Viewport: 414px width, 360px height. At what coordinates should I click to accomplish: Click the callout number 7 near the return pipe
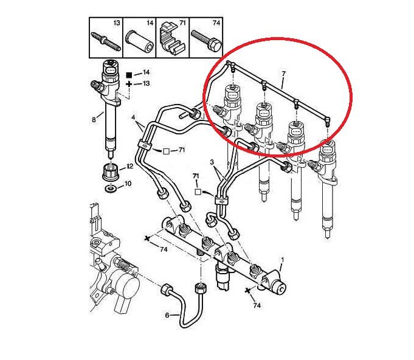[x=283, y=74]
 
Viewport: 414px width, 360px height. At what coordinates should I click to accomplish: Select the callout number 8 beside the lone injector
[x=94, y=120]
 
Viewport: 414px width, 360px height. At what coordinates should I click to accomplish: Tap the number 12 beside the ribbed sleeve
[x=129, y=167]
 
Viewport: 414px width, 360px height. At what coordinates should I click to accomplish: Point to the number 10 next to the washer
[x=128, y=183]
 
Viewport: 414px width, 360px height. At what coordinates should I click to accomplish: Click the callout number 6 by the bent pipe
[x=167, y=316]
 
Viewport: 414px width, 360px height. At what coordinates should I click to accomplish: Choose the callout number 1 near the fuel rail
[x=282, y=260]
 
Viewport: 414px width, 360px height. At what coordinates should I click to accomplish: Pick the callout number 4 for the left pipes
[x=133, y=117]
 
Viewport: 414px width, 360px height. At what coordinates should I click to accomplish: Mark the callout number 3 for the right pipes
[x=212, y=162]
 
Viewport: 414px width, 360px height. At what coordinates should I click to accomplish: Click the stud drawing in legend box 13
[x=106, y=42]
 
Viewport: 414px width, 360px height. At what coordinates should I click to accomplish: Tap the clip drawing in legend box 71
[x=171, y=39]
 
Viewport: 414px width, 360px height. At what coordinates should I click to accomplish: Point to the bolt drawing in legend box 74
[x=205, y=41]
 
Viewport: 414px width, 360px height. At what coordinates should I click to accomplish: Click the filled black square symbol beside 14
[x=129, y=75]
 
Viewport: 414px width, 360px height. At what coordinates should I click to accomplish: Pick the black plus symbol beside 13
[x=129, y=85]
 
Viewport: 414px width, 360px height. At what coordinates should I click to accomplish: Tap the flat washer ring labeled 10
[x=111, y=189]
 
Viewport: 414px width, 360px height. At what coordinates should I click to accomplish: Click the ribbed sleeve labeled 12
[x=110, y=172]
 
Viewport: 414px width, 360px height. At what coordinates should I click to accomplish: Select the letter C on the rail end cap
[x=281, y=289]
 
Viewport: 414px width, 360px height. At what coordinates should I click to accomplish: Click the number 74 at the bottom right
[x=257, y=306]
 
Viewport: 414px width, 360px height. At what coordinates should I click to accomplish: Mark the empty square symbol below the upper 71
[x=198, y=192]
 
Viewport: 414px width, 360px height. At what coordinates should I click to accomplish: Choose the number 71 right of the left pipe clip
[x=181, y=150]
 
